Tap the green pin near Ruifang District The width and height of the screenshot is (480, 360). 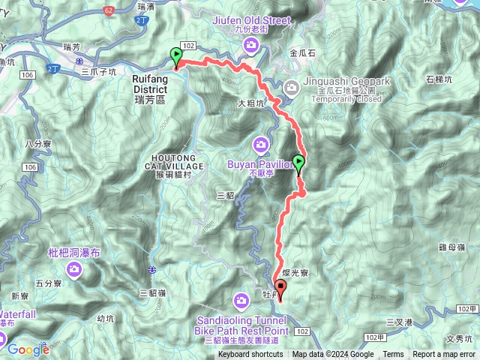click(176, 56)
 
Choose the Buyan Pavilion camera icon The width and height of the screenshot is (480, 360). click(260, 143)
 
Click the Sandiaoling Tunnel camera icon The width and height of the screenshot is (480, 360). click(241, 301)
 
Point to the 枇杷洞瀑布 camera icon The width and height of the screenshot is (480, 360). click(73, 274)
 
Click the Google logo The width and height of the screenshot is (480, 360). click(28, 349)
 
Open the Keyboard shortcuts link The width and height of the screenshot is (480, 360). click(250, 355)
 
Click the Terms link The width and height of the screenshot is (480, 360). click(393, 355)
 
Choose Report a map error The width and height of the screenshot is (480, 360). click(444, 355)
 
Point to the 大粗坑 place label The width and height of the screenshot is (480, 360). click(251, 103)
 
